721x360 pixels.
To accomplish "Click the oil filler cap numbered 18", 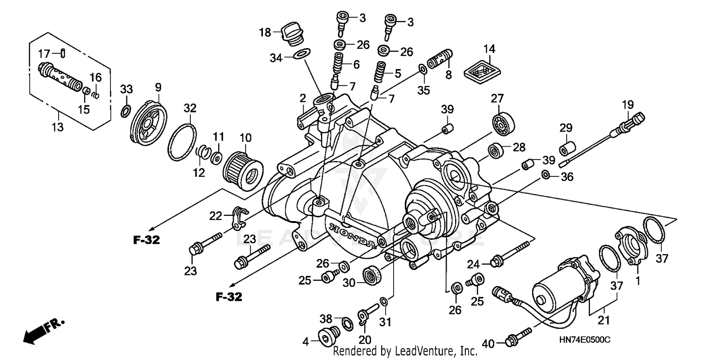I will point(292,33).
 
